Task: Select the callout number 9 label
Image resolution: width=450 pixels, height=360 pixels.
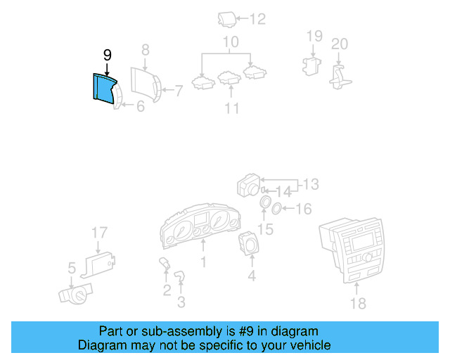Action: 107,55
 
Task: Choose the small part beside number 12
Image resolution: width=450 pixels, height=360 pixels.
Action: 226,19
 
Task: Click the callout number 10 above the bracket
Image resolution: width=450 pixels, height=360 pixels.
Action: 231,43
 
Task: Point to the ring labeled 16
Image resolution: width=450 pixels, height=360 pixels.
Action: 277,207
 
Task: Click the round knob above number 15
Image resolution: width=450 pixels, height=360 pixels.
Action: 265,204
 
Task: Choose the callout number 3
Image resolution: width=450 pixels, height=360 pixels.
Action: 181,303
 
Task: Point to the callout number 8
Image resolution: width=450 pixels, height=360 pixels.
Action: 145,50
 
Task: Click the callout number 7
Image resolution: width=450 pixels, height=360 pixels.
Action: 178,90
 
